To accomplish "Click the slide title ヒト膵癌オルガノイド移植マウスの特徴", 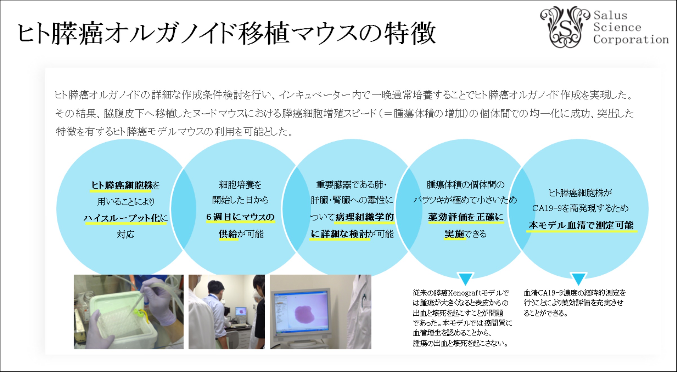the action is [x=227, y=33].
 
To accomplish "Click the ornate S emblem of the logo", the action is [x=565, y=27].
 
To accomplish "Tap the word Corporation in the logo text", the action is [x=631, y=39].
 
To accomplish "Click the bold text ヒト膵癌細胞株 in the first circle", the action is [x=121, y=185].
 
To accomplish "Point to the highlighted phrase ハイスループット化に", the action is [x=126, y=218].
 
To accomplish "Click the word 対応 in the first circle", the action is [x=125, y=234].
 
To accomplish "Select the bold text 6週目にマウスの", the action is [x=240, y=217].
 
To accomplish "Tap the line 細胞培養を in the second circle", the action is [x=240, y=185].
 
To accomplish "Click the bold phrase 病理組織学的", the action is [x=364, y=217].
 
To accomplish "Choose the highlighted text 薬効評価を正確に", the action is [x=466, y=217].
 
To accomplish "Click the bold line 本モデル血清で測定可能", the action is [x=581, y=225].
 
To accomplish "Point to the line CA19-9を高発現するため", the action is [x=580, y=208].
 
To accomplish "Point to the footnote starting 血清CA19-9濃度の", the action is [x=574, y=303].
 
